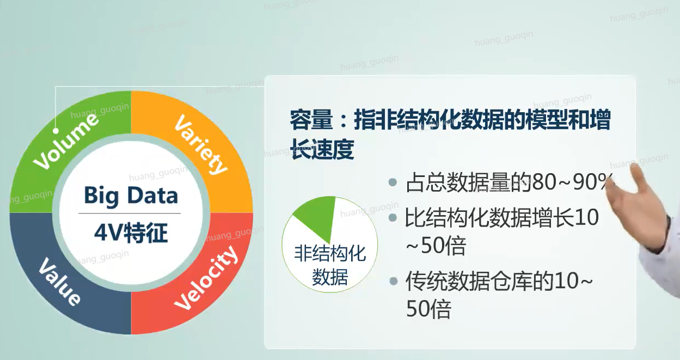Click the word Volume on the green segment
tap(66, 141)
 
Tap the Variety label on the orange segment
tap(201, 144)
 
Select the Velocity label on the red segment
tap(206, 278)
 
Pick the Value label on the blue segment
tap(60, 282)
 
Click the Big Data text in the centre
tap(131, 196)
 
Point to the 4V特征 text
tap(131, 233)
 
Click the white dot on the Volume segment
tap(56, 131)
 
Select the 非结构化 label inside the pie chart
tap(330, 253)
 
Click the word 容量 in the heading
tap(311, 120)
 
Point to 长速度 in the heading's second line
tap(322, 149)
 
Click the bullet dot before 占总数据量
tap(393, 182)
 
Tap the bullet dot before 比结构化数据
tap(393, 217)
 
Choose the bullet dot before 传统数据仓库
tap(394, 280)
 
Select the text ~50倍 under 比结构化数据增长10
tap(436, 246)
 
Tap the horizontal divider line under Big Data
tap(130, 213)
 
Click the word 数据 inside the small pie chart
tap(330, 277)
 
